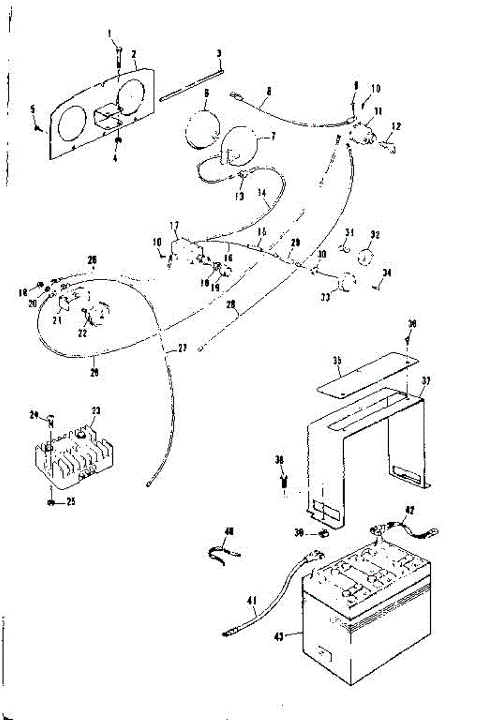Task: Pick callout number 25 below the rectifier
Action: coord(71,502)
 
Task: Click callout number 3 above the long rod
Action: coord(220,53)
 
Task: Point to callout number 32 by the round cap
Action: coord(376,235)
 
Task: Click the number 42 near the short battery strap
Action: coord(410,511)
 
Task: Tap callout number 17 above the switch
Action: coord(175,226)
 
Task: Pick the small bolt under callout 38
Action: coord(285,481)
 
